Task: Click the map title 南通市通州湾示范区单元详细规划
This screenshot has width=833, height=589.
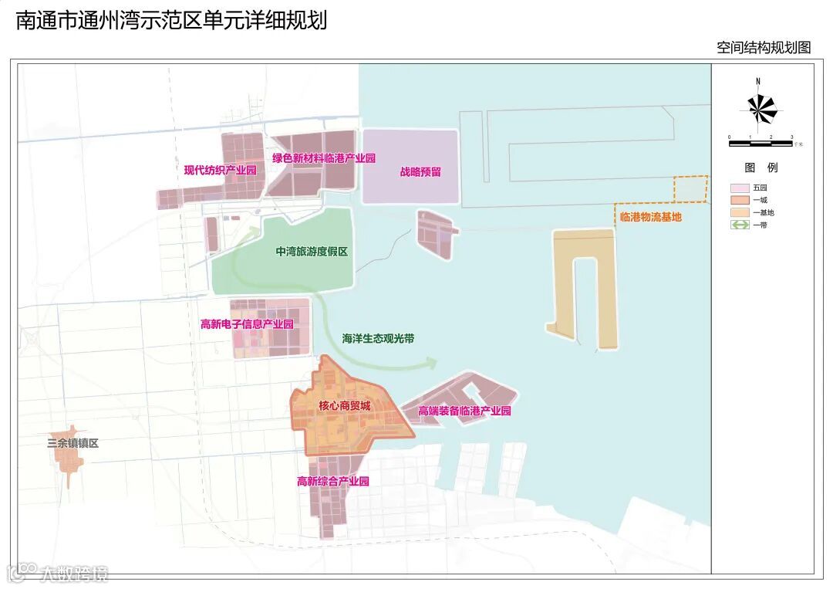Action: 171,21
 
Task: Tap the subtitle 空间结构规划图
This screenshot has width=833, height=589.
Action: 764,48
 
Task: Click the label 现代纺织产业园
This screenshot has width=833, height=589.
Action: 220,171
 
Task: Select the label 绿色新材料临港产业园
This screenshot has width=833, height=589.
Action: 323,158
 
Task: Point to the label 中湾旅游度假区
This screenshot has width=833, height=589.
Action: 312,252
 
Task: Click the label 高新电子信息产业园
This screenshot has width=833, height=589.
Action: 247,324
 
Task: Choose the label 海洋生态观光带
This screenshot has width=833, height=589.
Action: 378,338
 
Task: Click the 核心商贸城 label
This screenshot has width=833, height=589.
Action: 344,406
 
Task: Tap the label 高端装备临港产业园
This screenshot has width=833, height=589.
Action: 464,411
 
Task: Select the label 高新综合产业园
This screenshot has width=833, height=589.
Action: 333,481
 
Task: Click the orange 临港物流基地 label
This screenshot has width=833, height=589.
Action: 650,218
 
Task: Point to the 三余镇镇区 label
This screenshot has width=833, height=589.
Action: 73,444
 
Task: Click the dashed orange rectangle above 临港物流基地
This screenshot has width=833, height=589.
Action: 690,189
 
